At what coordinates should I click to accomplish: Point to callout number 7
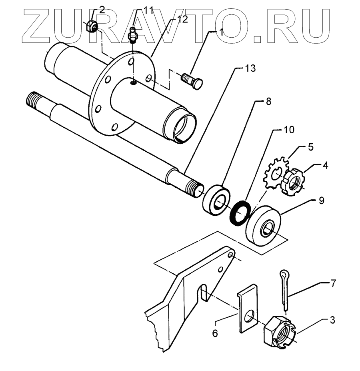coord(333,283)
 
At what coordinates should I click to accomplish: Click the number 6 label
coord(215,333)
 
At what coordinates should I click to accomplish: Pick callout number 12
coord(182,20)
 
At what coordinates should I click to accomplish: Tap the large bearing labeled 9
coord(265,226)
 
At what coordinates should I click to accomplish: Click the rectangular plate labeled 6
coord(247,308)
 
